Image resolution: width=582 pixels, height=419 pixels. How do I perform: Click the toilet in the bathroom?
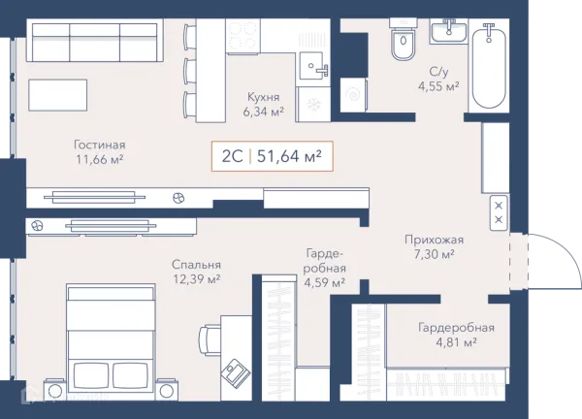click(404, 40)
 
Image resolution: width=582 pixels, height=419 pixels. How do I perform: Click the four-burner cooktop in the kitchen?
click(243, 36)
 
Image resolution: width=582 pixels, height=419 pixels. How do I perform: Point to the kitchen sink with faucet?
click(314, 66)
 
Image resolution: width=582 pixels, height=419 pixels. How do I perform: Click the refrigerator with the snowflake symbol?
click(313, 105)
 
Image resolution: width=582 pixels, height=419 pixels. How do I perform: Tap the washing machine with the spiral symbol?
click(353, 95)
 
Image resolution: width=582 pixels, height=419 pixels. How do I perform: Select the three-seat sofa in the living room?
click(95, 40)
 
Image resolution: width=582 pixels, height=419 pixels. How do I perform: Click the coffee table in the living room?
click(58, 95)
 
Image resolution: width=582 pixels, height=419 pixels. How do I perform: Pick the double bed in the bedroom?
click(111, 341)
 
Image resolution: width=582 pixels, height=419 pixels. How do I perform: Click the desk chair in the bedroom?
click(210, 338)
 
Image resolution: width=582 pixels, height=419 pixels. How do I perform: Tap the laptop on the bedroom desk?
click(236, 371)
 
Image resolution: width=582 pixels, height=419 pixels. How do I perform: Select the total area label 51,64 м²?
click(289, 156)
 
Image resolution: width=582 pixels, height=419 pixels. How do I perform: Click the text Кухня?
click(263, 97)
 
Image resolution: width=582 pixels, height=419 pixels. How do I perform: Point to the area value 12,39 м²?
click(197, 278)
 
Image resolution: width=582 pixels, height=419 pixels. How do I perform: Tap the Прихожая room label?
click(434, 240)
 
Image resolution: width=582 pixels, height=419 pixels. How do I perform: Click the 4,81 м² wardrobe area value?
click(456, 342)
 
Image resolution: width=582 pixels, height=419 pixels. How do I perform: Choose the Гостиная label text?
click(100, 145)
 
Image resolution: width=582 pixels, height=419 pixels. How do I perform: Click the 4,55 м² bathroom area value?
click(438, 86)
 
